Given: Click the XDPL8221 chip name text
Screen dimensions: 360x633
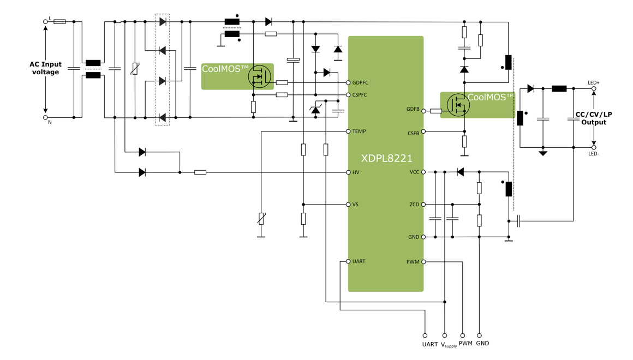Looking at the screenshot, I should coord(386,158).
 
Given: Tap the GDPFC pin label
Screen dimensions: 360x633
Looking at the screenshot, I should coord(360,83).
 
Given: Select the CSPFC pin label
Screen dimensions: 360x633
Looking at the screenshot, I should coord(360,95).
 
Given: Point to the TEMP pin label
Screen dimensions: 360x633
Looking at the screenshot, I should coord(359,131).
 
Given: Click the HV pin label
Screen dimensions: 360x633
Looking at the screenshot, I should coord(356,172).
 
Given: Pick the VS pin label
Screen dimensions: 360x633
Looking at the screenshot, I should coord(355,205).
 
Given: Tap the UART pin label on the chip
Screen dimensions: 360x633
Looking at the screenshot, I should coord(359,261).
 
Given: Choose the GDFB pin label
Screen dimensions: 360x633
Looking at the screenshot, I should coord(413,109).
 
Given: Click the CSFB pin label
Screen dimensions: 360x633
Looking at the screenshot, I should coord(413,133).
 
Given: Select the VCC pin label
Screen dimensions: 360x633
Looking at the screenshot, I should coord(414,172).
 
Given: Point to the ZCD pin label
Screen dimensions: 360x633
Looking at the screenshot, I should coord(414,205).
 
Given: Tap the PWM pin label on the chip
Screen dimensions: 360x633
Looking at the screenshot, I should coord(413,262).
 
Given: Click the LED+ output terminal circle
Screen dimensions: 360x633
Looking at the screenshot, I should coord(594,88).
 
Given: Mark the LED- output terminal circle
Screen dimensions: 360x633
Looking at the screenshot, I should coord(594,147).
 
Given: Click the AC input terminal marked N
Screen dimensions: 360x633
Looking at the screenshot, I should coord(46,117).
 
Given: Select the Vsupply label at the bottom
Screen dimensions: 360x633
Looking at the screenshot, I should coord(449,345).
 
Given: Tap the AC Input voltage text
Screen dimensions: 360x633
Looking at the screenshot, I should coord(45,68).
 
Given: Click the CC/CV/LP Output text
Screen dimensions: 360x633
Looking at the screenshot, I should coord(594,118).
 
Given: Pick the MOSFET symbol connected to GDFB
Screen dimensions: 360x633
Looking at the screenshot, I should coord(458,105).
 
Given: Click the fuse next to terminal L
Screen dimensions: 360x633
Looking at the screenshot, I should coord(59,22).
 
